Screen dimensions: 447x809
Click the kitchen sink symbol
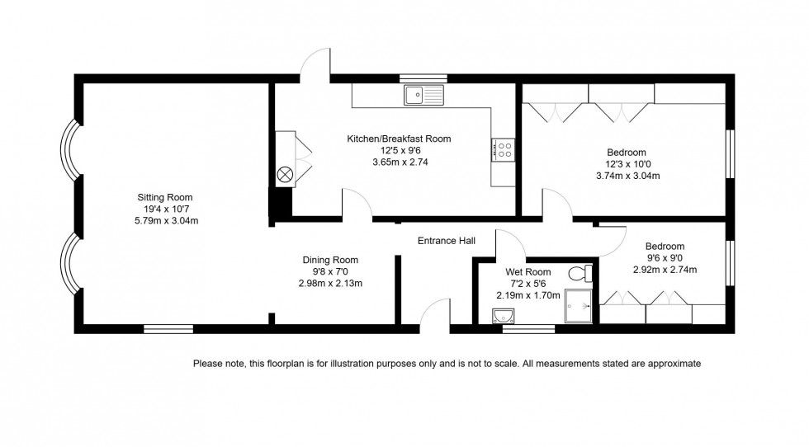423,95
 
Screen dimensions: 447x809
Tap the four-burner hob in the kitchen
503,148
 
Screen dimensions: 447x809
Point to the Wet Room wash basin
503,315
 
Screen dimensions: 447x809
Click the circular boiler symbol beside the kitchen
286,174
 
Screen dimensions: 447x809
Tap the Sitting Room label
165,197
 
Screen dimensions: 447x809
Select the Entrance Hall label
446,241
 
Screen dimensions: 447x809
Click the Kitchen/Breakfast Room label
399,139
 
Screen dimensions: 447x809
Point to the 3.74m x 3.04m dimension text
627,175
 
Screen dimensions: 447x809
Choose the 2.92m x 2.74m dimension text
665,270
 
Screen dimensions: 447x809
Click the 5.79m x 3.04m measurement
166,220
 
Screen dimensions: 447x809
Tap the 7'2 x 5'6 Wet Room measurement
528,283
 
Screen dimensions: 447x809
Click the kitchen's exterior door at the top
314,66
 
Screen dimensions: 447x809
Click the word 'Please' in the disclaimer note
207,363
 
